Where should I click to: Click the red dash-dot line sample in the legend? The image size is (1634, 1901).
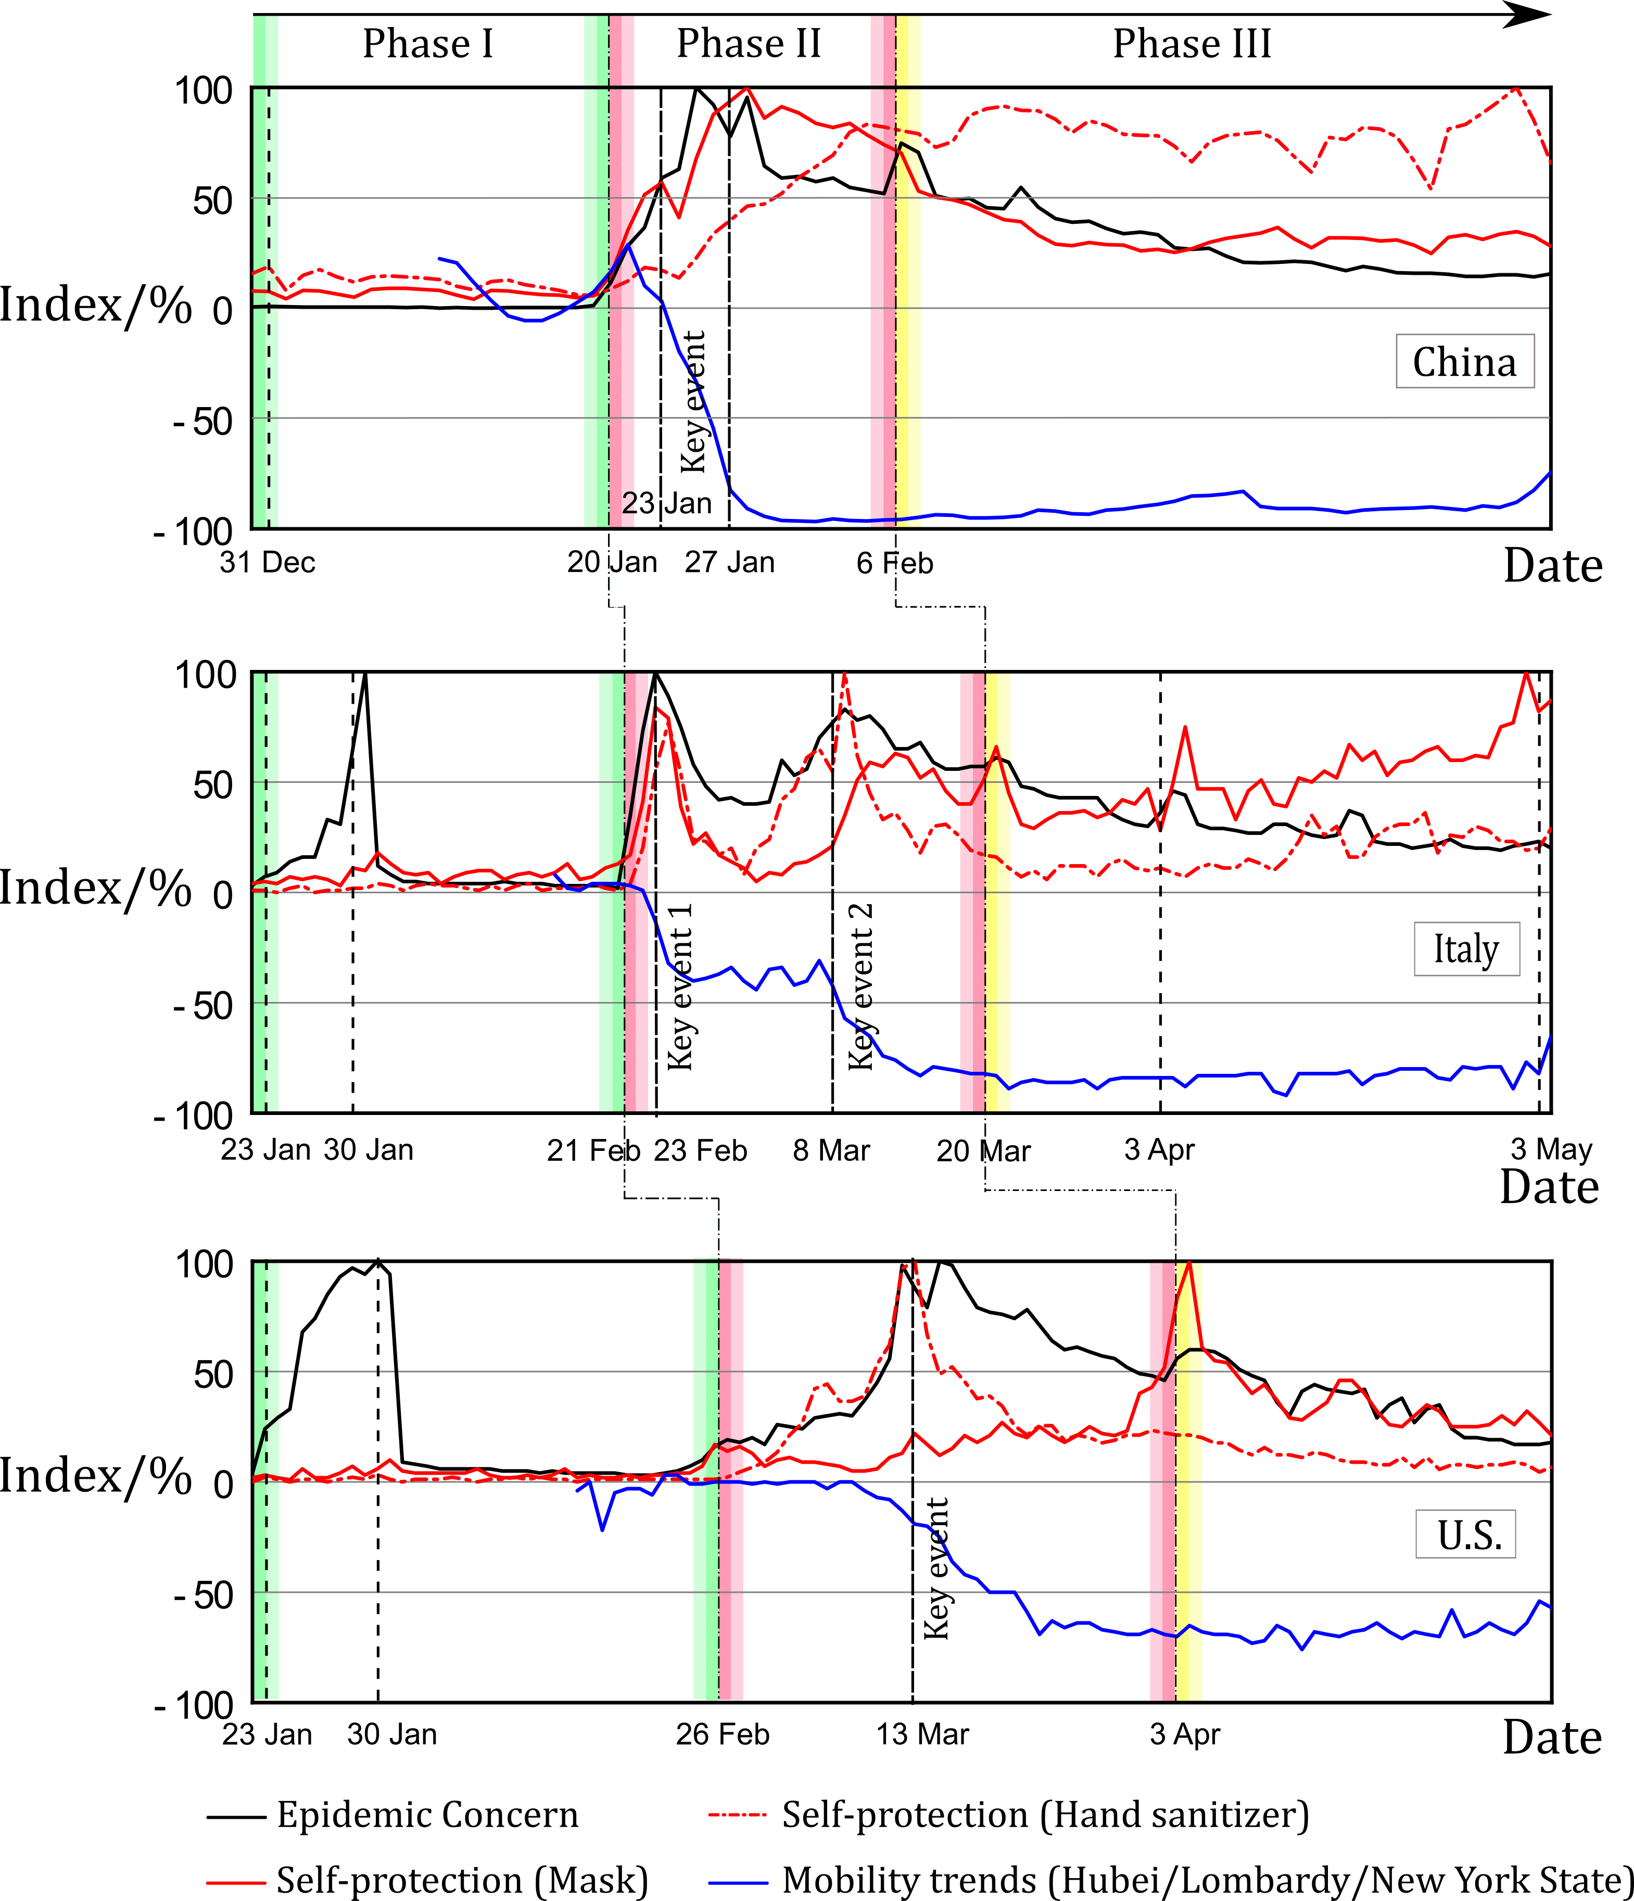click(x=737, y=1814)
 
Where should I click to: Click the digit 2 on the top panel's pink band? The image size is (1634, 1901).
click(x=628, y=503)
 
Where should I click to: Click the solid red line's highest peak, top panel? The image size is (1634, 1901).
click(x=748, y=89)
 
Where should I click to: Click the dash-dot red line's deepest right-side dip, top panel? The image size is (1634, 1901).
click(x=1431, y=188)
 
